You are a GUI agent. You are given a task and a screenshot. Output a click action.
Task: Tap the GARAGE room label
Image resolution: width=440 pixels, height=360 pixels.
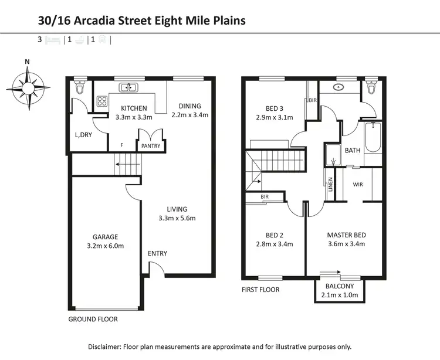click(x=106, y=237)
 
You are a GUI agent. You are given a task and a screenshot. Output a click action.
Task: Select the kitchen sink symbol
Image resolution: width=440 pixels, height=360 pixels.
click(x=128, y=88)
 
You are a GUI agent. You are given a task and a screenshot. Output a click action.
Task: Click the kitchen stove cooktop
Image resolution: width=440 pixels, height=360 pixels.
click(x=102, y=100)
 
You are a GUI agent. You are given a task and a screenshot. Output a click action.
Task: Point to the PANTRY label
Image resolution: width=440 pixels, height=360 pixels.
click(x=151, y=146)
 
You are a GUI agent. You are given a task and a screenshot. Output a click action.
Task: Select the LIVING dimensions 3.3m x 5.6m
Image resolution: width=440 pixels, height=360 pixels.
click(x=177, y=218)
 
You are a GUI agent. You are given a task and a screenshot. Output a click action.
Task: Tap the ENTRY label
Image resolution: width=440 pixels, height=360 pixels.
click(x=157, y=253)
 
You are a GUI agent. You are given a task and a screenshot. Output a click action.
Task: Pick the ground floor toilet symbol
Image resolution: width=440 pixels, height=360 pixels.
click(x=80, y=89)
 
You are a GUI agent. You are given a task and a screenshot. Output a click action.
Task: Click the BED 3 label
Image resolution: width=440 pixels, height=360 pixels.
click(x=275, y=108)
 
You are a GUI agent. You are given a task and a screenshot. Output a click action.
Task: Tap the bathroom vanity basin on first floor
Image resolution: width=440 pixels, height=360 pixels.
click(x=339, y=88)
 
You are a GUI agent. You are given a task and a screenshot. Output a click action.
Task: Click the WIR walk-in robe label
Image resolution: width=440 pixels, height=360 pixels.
click(x=358, y=184)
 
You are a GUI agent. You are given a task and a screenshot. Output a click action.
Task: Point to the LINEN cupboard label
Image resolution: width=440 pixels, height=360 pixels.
click(x=331, y=185)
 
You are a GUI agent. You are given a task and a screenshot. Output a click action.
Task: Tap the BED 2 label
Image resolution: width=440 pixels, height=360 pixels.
click(x=274, y=235)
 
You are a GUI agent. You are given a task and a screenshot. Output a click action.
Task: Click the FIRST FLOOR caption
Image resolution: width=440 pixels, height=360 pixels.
click(x=260, y=290)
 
